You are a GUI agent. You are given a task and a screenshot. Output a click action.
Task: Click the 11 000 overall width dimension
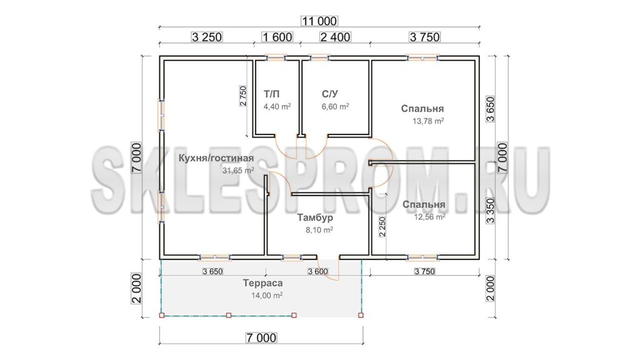319,21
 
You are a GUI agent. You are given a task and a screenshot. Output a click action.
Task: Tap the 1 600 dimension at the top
277,37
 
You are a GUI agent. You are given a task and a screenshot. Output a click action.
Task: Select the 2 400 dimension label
335,37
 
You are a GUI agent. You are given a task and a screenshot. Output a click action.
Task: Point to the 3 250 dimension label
207,37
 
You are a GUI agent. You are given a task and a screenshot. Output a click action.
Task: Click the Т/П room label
272,94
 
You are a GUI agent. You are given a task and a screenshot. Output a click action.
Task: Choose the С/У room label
330,94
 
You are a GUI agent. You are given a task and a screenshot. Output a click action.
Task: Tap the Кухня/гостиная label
216,158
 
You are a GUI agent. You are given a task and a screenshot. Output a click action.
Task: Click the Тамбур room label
315,217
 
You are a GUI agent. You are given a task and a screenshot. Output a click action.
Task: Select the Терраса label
262,283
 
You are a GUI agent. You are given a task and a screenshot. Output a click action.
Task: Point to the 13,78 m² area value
428,121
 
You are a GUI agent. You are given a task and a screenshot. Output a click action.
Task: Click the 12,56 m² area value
429,217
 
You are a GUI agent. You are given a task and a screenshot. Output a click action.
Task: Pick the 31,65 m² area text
238,170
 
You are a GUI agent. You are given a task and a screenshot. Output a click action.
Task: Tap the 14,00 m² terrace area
267,295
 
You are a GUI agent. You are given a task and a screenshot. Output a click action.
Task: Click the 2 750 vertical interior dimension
243,96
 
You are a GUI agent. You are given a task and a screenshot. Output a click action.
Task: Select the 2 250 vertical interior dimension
382,226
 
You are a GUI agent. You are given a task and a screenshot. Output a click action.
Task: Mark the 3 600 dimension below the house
318,271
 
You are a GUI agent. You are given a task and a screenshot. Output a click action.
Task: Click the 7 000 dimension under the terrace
261,338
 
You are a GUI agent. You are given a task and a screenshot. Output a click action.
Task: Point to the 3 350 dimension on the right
490,211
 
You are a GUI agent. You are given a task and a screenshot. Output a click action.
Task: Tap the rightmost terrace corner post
361,315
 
